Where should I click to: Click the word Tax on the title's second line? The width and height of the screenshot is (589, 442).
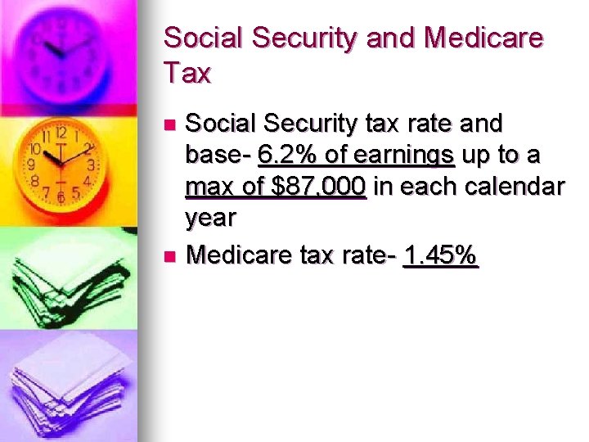[x=187, y=74]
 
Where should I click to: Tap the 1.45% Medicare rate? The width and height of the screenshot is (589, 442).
[x=441, y=256]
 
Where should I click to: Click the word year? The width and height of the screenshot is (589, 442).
[x=210, y=218]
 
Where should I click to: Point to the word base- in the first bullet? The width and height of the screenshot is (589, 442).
[x=218, y=155]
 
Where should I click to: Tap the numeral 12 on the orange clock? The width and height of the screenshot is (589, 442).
[x=61, y=133]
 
